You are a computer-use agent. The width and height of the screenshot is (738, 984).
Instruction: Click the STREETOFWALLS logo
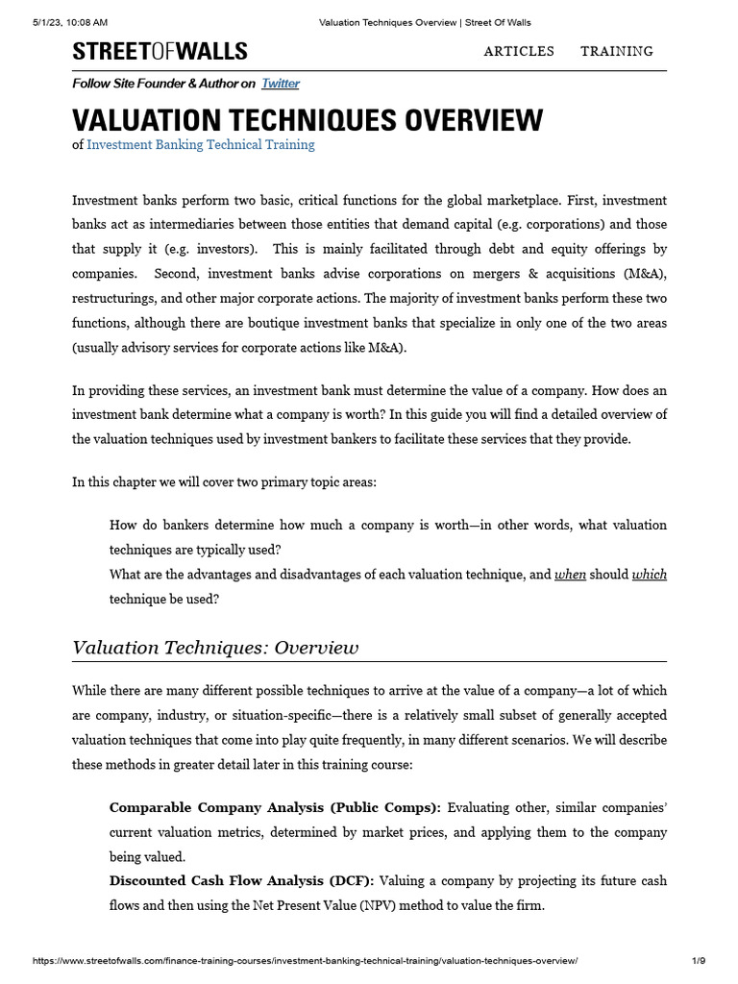160,52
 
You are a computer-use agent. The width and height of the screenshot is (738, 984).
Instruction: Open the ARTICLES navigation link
519,52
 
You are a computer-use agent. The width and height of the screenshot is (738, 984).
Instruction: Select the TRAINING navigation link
617,52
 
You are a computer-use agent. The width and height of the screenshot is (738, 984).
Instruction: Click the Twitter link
281,84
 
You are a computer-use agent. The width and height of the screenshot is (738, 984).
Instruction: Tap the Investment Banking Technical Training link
200,145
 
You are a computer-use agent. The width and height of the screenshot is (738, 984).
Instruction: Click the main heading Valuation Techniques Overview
307,120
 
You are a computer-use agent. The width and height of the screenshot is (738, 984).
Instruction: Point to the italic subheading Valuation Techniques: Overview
215,648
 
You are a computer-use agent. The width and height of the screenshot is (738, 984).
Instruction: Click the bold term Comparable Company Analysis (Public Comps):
275,807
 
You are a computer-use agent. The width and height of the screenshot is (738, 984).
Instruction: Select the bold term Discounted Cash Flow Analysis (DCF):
244,881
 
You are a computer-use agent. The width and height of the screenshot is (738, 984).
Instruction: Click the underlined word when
570,575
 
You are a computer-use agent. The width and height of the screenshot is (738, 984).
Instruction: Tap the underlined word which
649,575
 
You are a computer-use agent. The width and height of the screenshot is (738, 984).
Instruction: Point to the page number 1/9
699,961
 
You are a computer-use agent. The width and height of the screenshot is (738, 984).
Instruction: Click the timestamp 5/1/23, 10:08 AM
69,22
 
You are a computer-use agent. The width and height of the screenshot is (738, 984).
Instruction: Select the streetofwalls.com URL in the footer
305,961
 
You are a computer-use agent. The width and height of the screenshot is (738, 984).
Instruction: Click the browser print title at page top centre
424,22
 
